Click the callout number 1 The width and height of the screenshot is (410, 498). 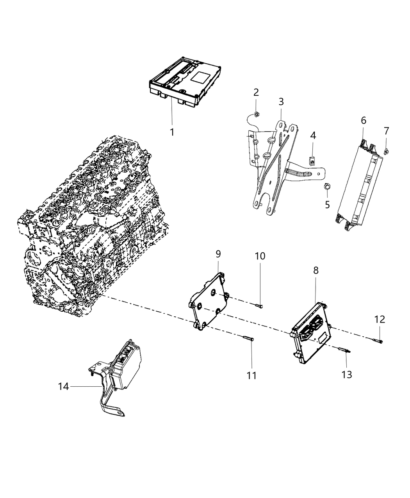[172, 132]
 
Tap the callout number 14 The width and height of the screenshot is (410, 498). [63, 386]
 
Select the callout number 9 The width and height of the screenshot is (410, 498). [218, 254]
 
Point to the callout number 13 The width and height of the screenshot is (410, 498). [346, 375]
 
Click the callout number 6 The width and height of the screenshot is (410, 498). [363, 120]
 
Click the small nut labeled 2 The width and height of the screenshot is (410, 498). [256, 115]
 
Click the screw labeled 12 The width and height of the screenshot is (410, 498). [379, 341]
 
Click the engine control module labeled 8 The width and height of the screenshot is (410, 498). [312, 332]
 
